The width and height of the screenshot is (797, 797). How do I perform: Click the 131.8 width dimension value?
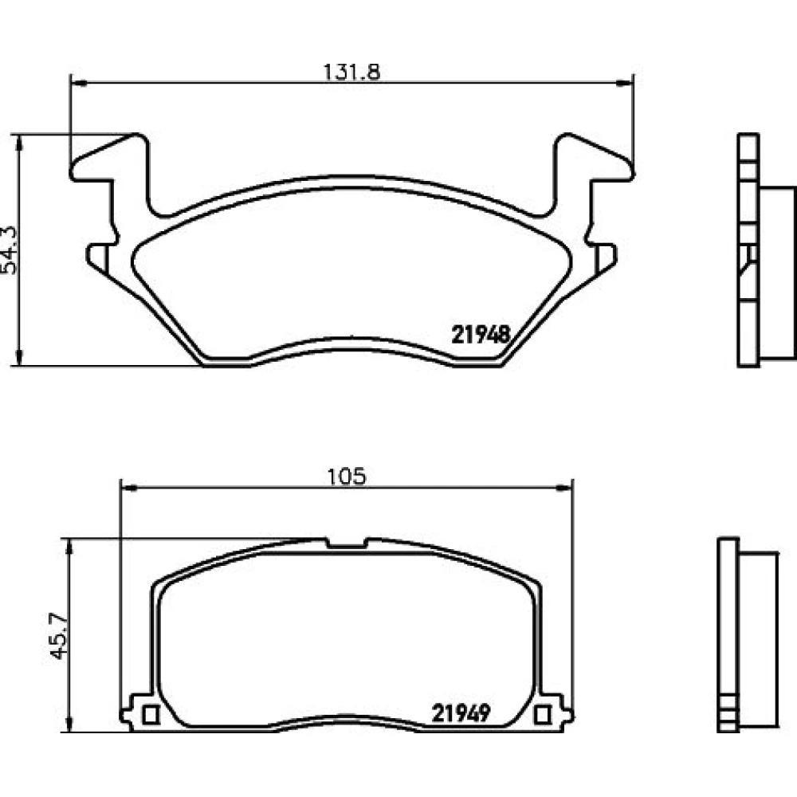(x=351, y=73)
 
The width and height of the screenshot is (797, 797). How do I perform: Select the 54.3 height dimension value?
(x=9, y=250)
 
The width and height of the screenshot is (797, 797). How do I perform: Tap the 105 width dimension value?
(x=347, y=477)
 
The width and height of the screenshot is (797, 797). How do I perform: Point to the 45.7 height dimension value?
(x=59, y=635)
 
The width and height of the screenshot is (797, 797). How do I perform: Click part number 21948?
(x=481, y=335)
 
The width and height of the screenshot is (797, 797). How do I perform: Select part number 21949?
(x=461, y=713)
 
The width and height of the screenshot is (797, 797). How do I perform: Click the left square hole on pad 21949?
(x=151, y=715)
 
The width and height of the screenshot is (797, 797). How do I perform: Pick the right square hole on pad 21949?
(x=542, y=715)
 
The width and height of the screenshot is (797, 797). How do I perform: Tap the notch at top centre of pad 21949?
(x=347, y=543)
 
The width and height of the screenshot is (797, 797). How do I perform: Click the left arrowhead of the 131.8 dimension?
(x=78, y=82)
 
